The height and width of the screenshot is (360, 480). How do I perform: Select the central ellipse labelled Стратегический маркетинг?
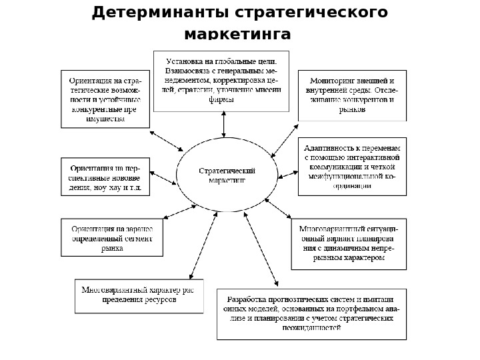(227, 175)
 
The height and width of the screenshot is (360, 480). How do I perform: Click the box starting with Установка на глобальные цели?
(221, 81)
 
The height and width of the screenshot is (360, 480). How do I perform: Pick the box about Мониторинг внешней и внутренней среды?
(351, 95)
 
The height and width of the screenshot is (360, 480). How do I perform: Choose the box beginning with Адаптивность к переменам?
(351, 167)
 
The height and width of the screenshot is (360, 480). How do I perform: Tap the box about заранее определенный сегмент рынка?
(111, 237)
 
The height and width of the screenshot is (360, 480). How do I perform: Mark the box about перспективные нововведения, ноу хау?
(105, 177)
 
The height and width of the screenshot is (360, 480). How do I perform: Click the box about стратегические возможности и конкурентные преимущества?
(105, 99)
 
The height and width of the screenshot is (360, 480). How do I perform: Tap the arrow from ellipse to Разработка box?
(262, 250)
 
